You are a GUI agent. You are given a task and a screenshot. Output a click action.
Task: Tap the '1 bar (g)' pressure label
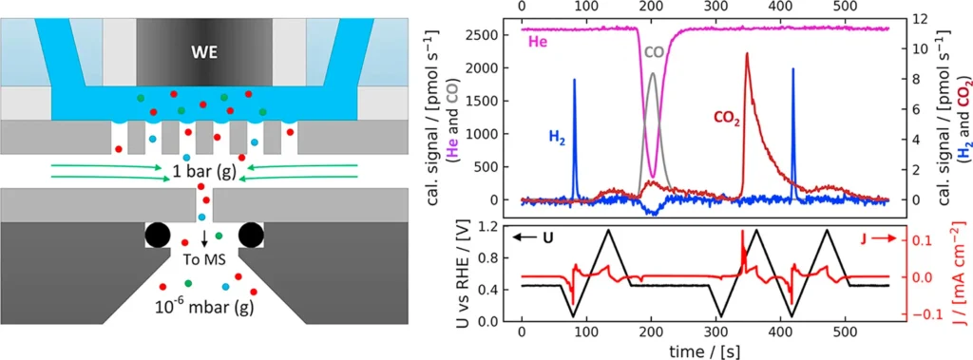click(x=205, y=172)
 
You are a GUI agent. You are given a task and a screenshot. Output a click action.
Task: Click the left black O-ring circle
click(x=160, y=236)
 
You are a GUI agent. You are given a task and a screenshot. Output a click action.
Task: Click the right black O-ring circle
click(x=252, y=236)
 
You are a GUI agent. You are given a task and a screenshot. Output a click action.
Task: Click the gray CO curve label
click(x=654, y=51)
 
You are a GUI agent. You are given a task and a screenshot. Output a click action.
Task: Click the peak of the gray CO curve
click(x=652, y=73)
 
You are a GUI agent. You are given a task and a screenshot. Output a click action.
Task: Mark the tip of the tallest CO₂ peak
click(x=747, y=53)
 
